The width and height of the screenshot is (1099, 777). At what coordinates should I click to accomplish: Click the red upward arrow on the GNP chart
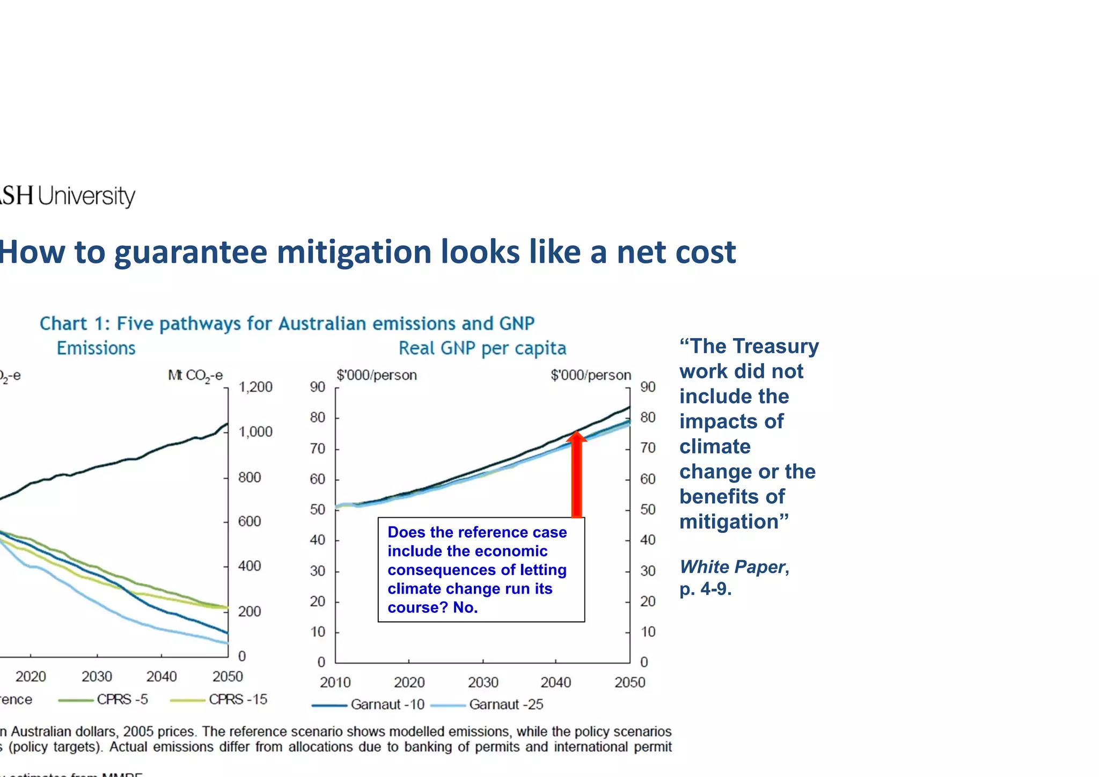click(x=576, y=475)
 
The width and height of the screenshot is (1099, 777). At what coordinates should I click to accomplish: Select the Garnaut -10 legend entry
click(x=387, y=705)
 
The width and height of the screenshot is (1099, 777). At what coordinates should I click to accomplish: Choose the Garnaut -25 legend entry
click(x=505, y=705)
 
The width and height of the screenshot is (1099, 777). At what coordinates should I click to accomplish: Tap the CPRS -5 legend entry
click(x=122, y=700)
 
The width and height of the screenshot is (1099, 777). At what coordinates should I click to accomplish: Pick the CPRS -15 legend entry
click(x=237, y=700)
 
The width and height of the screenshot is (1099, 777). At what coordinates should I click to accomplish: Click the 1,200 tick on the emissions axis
click(x=255, y=387)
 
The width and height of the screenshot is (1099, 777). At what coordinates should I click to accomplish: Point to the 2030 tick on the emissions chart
click(x=97, y=677)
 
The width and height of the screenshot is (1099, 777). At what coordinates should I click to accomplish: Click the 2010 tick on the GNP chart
click(x=335, y=683)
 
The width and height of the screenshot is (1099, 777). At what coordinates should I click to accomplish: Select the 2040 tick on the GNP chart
click(x=555, y=683)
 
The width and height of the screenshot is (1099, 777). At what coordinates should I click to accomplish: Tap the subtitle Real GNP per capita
click(x=482, y=348)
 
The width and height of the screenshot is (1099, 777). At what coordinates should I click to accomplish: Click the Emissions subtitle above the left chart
click(x=96, y=348)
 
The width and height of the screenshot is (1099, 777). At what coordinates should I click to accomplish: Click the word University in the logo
click(x=86, y=196)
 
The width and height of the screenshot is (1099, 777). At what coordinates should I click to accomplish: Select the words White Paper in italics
click(x=732, y=567)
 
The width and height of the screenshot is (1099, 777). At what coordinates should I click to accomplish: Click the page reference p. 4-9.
click(x=705, y=589)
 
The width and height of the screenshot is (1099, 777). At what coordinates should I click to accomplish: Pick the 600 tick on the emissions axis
click(x=250, y=522)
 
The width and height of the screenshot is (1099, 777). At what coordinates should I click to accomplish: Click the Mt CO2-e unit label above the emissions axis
click(x=195, y=376)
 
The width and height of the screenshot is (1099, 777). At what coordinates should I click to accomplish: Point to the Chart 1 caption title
click(x=287, y=324)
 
